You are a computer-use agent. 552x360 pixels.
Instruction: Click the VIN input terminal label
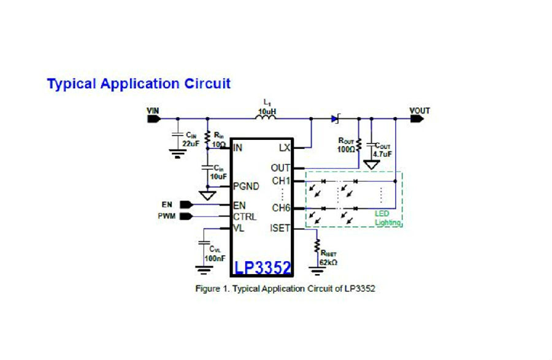pyautogui.click(x=153, y=111)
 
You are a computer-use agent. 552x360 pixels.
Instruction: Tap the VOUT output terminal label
pyautogui.click(x=420, y=111)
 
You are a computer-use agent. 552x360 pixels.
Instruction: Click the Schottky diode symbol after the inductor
pyautogui.click(x=335, y=119)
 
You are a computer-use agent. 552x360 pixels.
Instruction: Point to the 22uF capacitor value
pyautogui.click(x=191, y=144)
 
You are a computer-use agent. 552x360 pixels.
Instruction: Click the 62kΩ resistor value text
pyautogui.click(x=328, y=262)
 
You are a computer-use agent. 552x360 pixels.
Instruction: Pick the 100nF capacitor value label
pyautogui.click(x=215, y=258)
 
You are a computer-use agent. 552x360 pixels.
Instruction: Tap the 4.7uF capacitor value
pyautogui.click(x=382, y=154)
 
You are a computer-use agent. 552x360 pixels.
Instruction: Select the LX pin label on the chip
pyautogui.click(x=285, y=147)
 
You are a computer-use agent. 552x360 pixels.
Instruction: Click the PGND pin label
pyautogui.click(x=246, y=186)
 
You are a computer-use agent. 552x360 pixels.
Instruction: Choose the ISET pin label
pyautogui.click(x=280, y=228)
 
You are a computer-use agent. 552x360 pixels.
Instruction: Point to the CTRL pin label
pyautogui.click(x=245, y=216)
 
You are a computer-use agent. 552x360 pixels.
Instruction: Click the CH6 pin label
pyautogui.click(x=281, y=208)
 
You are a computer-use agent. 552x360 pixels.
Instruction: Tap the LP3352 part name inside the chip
pyautogui.click(x=263, y=268)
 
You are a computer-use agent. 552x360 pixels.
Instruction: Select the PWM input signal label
pyautogui.click(x=166, y=216)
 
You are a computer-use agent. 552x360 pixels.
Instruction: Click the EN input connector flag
pyautogui.click(x=186, y=204)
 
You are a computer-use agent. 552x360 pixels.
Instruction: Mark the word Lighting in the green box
pyautogui.click(x=388, y=223)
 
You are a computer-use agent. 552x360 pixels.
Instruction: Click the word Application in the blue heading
pyautogui.click(x=139, y=84)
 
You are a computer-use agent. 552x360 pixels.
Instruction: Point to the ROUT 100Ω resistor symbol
pyautogui.click(x=359, y=145)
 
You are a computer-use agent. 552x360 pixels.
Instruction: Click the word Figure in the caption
pyautogui.click(x=207, y=289)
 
